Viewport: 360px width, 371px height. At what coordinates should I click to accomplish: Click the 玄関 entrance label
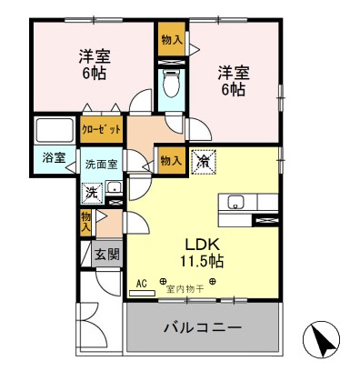[x=105, y=256]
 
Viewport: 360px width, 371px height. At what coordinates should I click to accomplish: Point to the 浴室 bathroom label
[x=53, y=157]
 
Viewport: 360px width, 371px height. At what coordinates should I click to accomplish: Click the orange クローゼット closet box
[x=101, y=129]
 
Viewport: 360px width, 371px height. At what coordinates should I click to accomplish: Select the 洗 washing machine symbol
[x=91, y=193]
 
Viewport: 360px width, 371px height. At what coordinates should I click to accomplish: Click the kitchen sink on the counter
[x=234, y=203]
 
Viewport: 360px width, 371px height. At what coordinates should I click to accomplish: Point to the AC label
[x=141, y=283]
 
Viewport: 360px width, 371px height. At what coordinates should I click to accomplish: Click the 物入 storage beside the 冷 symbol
[x=170, y=160]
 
